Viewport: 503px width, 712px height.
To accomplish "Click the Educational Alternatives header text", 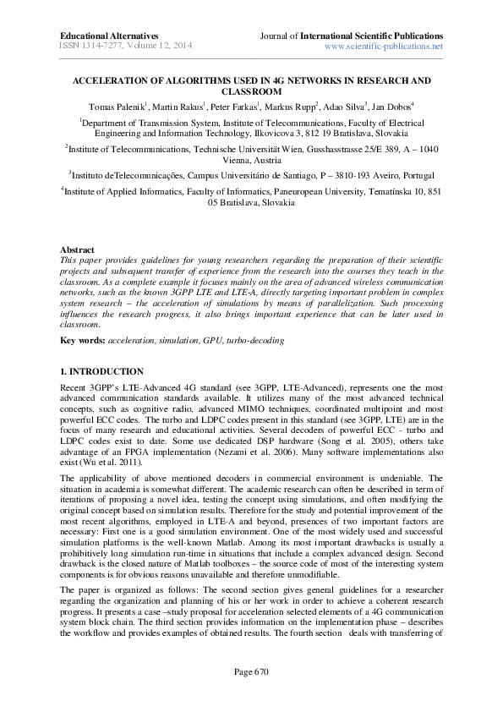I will click(109, 36).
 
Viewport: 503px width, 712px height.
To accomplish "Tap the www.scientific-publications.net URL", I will click(384, 47).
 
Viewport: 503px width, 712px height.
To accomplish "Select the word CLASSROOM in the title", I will click(251, 91).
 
